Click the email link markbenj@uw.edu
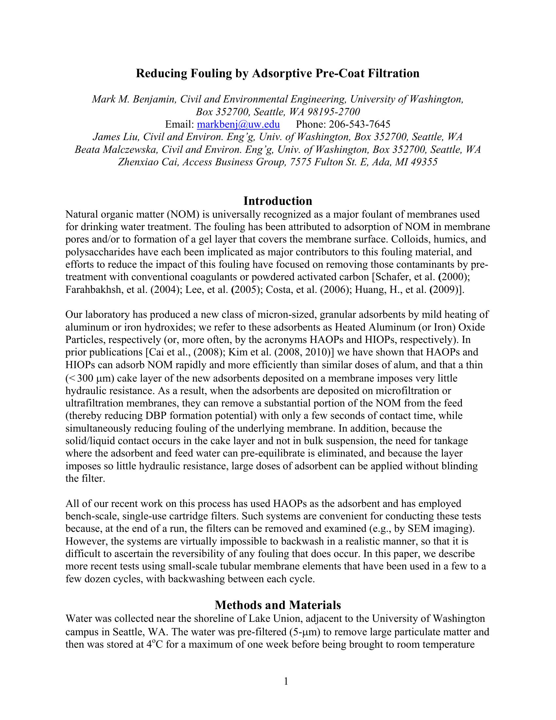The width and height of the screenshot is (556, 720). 238,124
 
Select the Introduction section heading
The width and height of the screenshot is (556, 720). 278,201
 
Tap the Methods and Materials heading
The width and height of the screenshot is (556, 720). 278,605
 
